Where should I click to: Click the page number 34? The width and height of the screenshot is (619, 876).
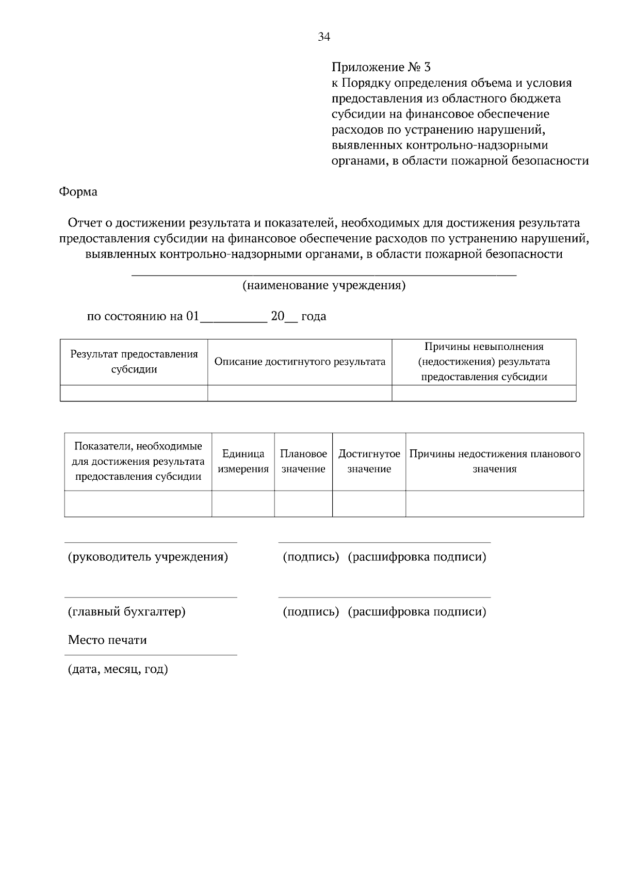pyautogui.click(x=323, y=37)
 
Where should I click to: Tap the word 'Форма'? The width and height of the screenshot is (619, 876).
pyautogui.click(x=78, y=192)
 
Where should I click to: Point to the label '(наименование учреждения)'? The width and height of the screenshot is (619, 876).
pyautogui.click(x=324, y=286)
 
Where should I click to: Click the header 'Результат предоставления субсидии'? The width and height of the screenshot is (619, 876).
pyautogui.click(x=134, y=362)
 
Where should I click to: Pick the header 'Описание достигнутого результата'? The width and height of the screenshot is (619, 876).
pyautogui.click(x=300, y=362)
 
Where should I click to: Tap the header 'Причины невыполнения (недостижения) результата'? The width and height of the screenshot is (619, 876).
pyautogui.click(x=484, y=362)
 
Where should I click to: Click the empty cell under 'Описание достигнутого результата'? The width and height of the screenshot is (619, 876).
pyautogui.click(x=300, y=393)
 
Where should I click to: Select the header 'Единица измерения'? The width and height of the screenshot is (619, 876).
pyautogui.click(x=243, y=461)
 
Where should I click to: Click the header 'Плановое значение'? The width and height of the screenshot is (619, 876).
pyautogui.click(x=303, y=461)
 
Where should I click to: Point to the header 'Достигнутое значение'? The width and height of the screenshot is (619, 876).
pyautogui.click(x=369, y=461)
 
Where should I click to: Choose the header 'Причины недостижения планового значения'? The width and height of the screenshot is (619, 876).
pyautogui.click(x=495, y=461)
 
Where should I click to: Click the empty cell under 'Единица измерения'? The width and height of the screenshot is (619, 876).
pyautogui.click(x=243, y=504)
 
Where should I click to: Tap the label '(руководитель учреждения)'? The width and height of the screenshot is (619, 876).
pyautogui.click(x=148, y=557)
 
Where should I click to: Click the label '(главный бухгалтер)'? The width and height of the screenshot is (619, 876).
pyautogui.click(x=127, y=612)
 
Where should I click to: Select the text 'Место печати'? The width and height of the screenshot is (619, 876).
pyautogui.click(x=107, y=640)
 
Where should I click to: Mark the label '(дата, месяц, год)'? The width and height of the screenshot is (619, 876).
pyautogui.click(x=118, y=670)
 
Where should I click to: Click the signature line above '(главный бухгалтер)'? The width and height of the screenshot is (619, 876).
pyautogui.click(x=151, y=597)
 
